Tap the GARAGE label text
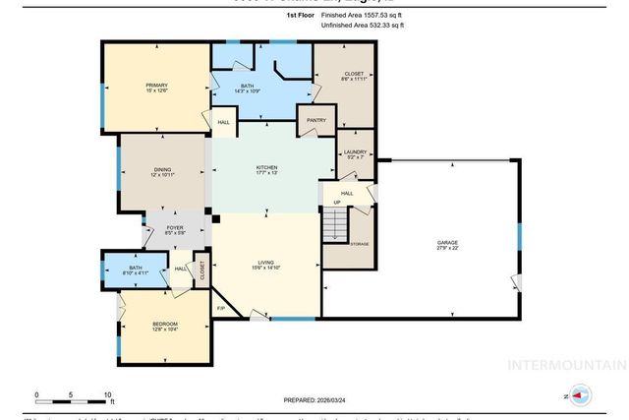click(447, 242)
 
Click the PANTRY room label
click(315, 120)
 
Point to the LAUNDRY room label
click(355, 152)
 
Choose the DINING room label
click(162, 170)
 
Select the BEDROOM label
click(165, 324)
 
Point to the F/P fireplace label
click(221, 309)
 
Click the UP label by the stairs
click(335, 203)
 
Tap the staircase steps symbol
click(336, 228)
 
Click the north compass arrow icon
click(580, 397)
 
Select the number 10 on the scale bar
click(108, 395)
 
